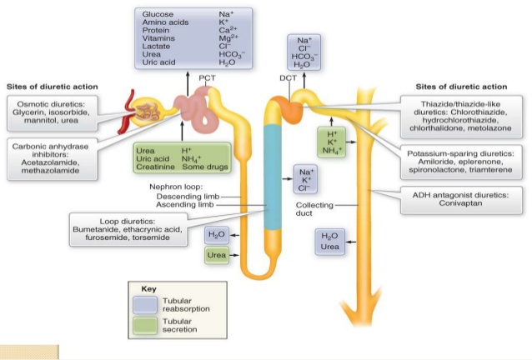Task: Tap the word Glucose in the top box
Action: pos(158,14)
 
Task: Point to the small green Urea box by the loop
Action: pos(217,255)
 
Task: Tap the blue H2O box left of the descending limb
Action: pos(217,235)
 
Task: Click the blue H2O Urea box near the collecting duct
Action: pos(329,242)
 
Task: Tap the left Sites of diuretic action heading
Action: pos(52,87)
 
